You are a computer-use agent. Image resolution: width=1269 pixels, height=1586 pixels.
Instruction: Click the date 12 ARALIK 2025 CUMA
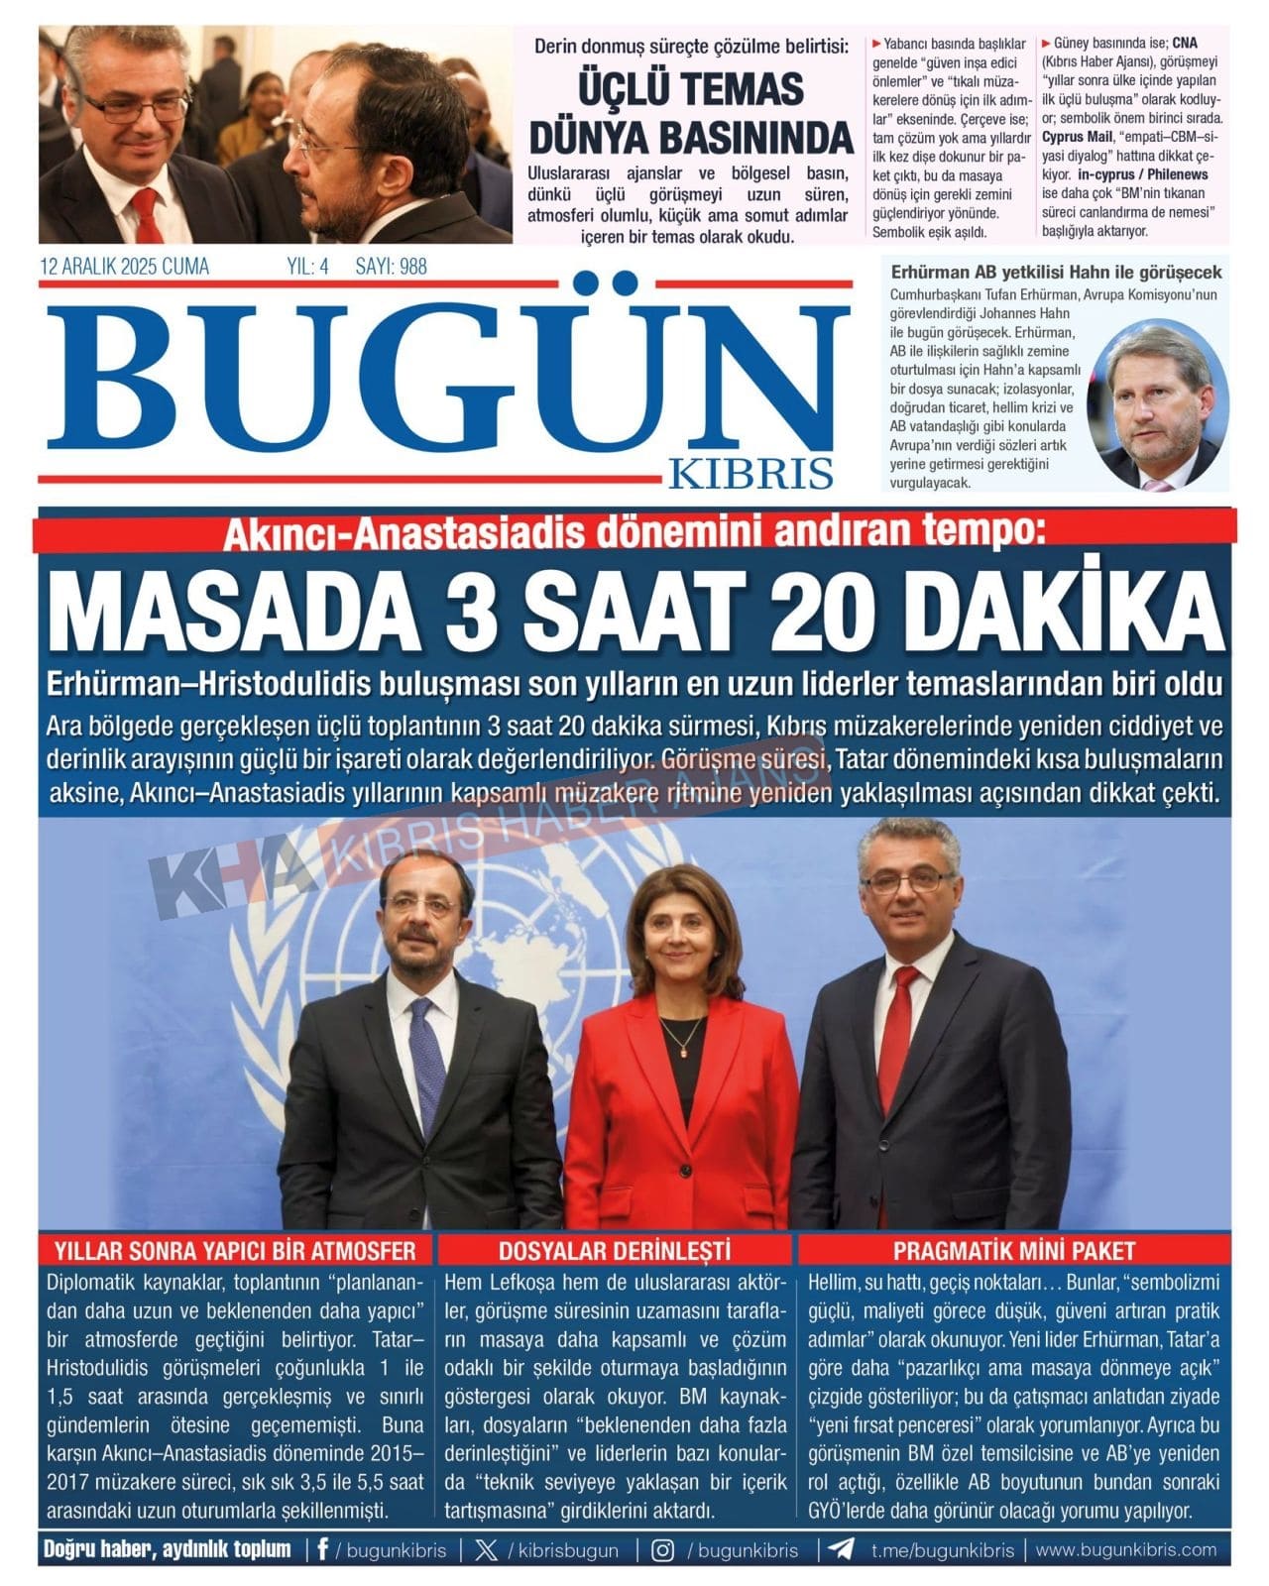[x=124, y=266]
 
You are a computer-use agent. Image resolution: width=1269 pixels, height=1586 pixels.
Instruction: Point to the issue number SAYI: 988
[x=391, y=266]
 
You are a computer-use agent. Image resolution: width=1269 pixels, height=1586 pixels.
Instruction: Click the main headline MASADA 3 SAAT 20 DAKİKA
[x=634, y=613]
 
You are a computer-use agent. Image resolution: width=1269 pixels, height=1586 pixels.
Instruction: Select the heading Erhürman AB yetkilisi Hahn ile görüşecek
[x=1056, y=272]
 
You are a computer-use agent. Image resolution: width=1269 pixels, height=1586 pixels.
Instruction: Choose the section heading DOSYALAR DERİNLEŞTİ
[x=614, y=1250]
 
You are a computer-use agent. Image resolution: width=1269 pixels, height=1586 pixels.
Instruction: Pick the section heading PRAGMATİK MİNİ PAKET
[x=1013, y=1250]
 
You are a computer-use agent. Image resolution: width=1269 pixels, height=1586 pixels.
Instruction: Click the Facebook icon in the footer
[x=322, y=1549]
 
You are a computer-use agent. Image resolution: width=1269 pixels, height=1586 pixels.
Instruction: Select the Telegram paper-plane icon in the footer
[x=841, y=1549]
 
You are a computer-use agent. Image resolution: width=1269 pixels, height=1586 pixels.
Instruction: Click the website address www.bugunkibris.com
[x=1126, y=1549]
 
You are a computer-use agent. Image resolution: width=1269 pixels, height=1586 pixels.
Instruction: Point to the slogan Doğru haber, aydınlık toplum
[x=168, y=1549]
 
